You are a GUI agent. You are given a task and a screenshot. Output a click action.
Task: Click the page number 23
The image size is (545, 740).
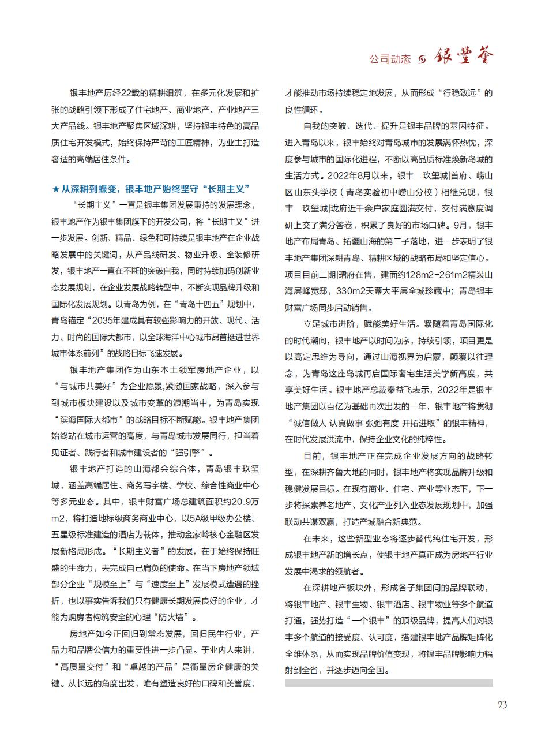(502, 705)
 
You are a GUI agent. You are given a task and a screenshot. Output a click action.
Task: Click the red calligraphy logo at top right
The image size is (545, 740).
(464, 57)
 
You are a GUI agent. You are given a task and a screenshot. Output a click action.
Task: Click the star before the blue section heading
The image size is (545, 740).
(55, 189)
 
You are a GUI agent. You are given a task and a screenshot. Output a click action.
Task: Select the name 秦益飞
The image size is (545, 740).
(409, 390)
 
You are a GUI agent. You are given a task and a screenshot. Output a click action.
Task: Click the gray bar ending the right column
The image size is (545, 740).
(389, 683)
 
